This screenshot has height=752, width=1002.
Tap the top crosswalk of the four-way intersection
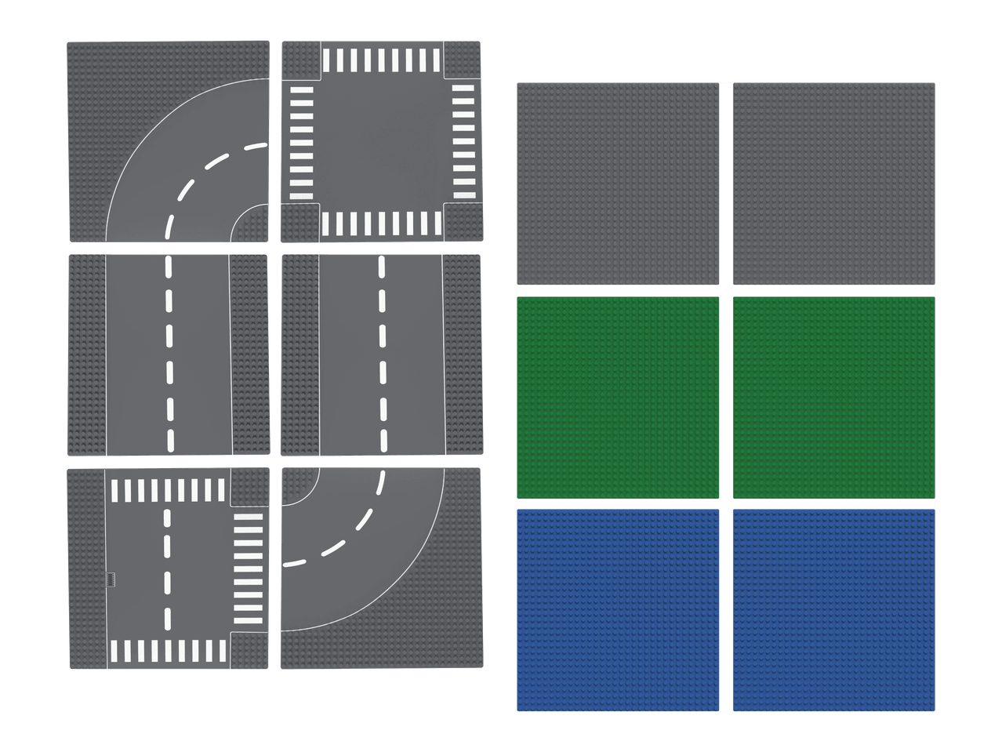pos(382,60)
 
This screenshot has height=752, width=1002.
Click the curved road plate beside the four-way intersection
pos(169,142)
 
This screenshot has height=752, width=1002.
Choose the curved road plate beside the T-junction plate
pos(381,569)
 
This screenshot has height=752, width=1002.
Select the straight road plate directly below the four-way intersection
pos(382,354)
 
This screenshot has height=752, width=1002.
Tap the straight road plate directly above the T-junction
pos(169,354)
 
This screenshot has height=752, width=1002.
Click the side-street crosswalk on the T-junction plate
pos(249,569)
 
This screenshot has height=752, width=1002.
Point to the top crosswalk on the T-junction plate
pos(168,491)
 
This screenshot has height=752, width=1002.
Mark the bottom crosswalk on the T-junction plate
pos(168,651)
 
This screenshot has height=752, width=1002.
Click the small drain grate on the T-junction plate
pos(111,579)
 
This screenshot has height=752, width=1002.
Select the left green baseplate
pos(618,398)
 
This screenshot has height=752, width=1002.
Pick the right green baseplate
pos(834,398)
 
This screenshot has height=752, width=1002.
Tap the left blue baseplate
pos(618,610)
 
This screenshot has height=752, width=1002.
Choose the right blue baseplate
pos(834,610)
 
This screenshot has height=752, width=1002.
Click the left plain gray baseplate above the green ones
pos(618,183)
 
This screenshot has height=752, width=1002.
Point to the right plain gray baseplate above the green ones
pos(834,183)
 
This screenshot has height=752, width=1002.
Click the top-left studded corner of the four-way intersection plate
pos(300,60)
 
